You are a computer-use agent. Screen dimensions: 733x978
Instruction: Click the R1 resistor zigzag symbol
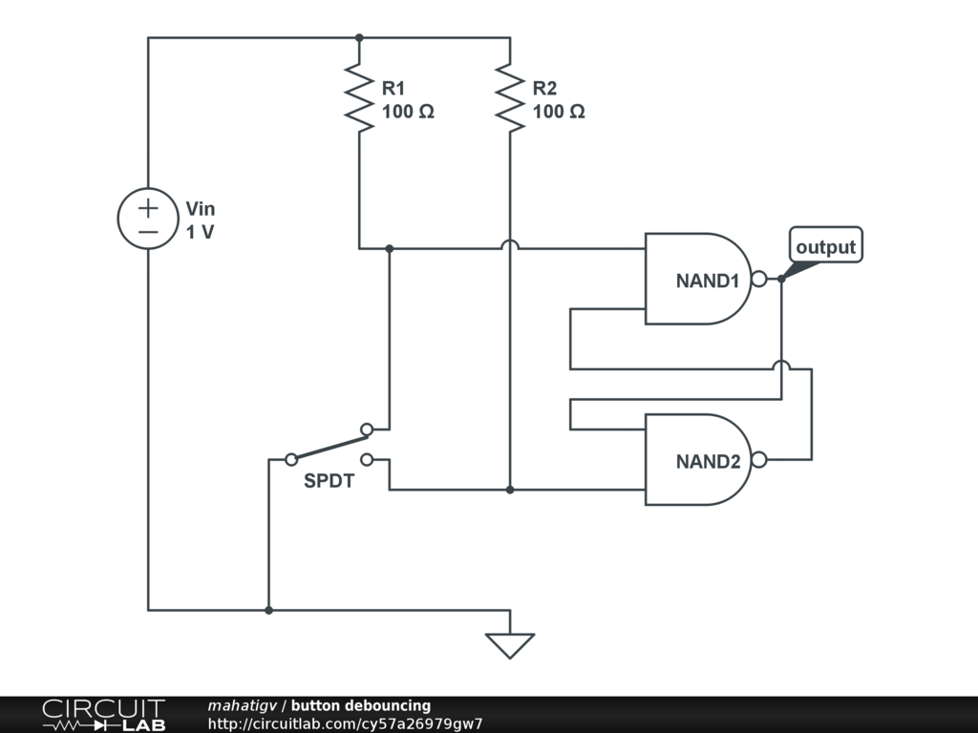[x=359, y=97]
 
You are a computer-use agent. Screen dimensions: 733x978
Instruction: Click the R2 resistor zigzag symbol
[x=510, y=97]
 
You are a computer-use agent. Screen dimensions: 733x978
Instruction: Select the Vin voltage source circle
[x=148, y=218]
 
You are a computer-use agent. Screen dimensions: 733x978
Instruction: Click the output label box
[x=827, y=246]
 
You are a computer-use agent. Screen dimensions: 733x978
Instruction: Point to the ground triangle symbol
[x=510, y=645]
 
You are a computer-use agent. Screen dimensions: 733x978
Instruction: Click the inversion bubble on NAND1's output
[x=759, y=279]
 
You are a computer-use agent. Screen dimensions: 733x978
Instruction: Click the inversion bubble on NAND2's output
[x=759, y=459]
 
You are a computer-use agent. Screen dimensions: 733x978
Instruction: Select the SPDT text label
[x=329, y=482]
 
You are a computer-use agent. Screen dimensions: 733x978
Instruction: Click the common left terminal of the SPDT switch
[x=291, y=459]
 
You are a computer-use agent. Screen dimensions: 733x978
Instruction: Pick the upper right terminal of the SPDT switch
[x=367, y=429]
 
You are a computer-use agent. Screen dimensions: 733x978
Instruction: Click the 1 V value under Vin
[x=200, y=232]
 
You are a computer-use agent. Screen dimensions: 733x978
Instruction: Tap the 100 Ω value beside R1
[x=408, y=112]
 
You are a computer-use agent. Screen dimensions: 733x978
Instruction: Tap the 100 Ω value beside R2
[x=559, y=112]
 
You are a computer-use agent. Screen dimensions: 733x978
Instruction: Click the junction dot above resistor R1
[x=359, y=38]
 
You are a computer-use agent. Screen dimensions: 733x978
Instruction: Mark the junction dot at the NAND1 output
[x=781, y=279]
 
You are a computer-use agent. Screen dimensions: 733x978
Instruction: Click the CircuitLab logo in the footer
[x=103, y=715]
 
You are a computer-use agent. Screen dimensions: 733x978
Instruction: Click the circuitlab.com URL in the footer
[x=345, y=723]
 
